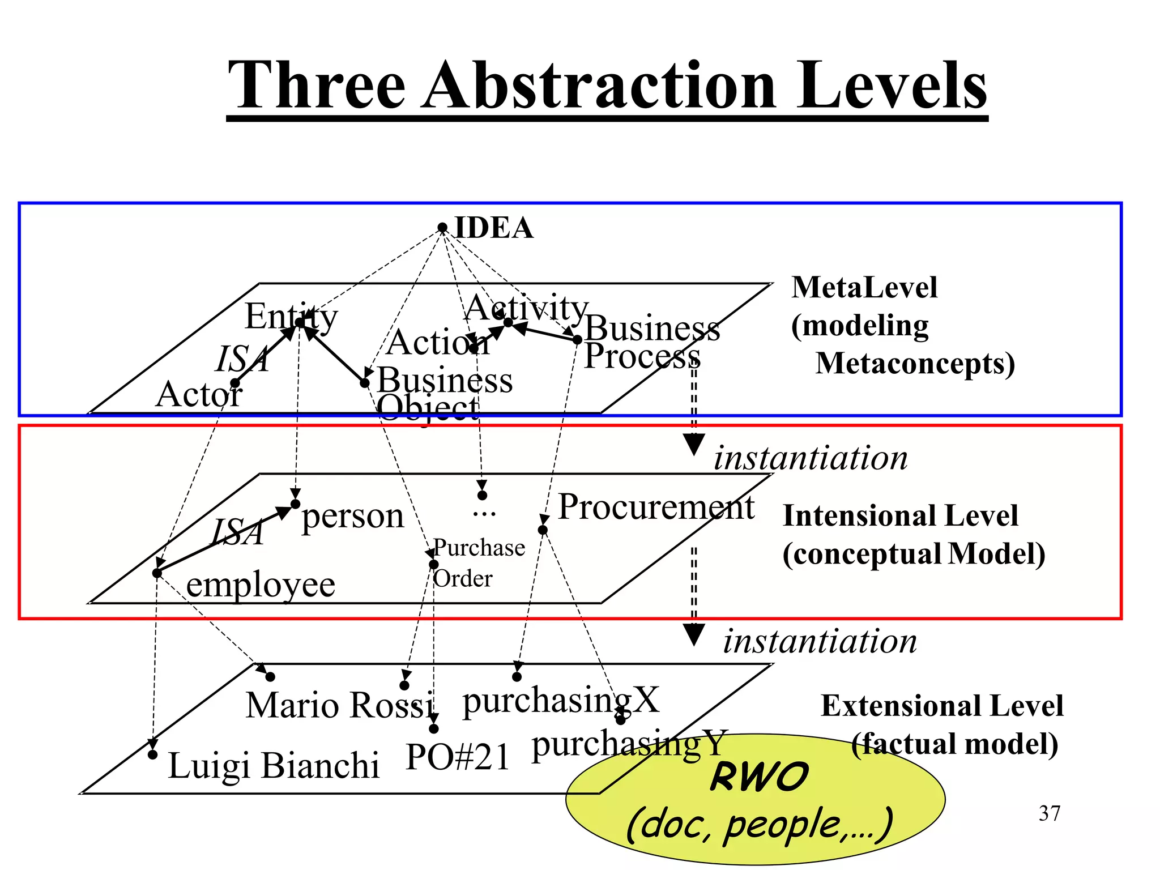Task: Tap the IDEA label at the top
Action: [494, 228]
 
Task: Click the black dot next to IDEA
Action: [442, 228]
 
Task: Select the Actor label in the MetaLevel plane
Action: [199, 394]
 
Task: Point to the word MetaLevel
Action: [864, 287]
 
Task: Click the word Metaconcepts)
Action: [915, 363]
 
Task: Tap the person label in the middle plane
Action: [352, 517]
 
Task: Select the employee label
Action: [261, 585]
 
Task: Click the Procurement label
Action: [656, 506]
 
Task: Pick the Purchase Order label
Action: [479, 563]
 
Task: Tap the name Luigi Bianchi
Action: [274, 766]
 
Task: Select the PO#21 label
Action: [458, 757]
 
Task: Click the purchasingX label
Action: [561, 700]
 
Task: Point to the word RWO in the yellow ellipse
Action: [759, 777]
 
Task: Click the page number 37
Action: [1049, 813]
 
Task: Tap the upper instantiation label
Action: [810, 458]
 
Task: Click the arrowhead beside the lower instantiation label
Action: [693, 634]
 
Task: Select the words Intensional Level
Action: [900, 516]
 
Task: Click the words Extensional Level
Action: [942, 706]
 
